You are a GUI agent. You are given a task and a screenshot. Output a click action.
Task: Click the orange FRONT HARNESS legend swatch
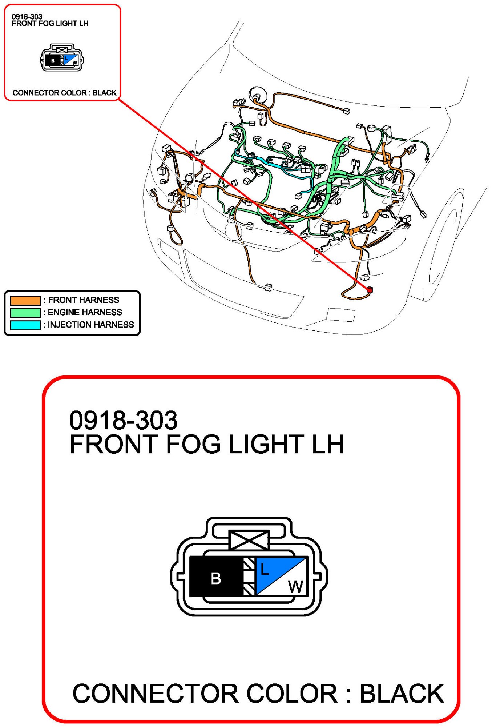[25, 300]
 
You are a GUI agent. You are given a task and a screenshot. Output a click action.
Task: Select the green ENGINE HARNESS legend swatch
[25, 313]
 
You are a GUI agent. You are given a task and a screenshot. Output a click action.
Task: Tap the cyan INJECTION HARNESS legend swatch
[25, 325]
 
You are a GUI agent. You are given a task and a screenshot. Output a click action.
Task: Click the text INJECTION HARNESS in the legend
[91, 325]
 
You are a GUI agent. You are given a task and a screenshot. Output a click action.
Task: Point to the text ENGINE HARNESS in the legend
[85, 312]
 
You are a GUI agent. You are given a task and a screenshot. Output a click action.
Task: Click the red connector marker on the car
[370, 290]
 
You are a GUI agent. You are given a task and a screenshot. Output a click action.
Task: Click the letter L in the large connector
[265, 570]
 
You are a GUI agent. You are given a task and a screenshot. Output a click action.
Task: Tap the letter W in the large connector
[296, 586]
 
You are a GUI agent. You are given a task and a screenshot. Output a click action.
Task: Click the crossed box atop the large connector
[249, 540]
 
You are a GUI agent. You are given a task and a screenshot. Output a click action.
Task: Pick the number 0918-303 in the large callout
[124, 420]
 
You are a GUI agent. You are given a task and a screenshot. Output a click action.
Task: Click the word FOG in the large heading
[193, 444]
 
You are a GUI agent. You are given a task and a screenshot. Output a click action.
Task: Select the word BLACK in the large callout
[402, 694]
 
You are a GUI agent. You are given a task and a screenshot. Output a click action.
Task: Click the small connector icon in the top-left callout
[62, 58]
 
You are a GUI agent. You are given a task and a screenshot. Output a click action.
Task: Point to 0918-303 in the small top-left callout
[27, 17]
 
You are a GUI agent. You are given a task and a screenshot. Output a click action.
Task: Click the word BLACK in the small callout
[104, 93]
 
